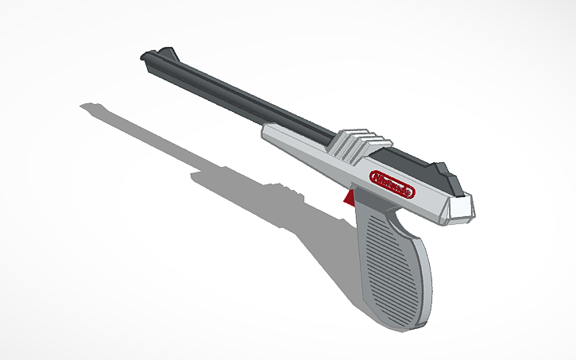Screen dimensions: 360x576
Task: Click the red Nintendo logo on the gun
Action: pos(392,184)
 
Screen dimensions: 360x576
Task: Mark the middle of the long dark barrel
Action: pos(246,99)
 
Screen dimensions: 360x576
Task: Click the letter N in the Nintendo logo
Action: pos(376,176)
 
